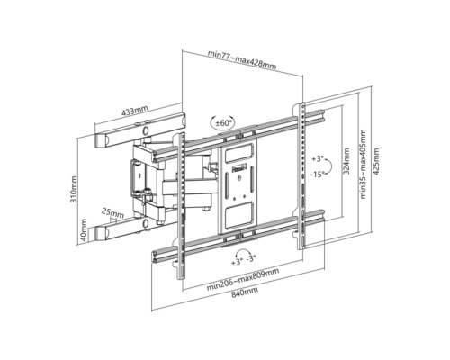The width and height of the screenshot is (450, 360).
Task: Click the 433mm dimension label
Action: (x=135, y=111)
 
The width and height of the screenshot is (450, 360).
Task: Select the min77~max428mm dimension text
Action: (x=242, y=59)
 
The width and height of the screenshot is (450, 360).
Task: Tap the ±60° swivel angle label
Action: (x=222, y=122)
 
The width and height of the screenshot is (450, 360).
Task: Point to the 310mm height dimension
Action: (x=74, y=189)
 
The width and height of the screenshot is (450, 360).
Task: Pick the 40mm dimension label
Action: (x=84, y=230)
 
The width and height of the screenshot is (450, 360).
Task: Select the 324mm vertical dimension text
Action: (x=346, y=161)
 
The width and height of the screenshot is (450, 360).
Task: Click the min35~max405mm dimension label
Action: (x=363, y=164)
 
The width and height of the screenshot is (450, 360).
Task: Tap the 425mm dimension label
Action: (x=375, y=162)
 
